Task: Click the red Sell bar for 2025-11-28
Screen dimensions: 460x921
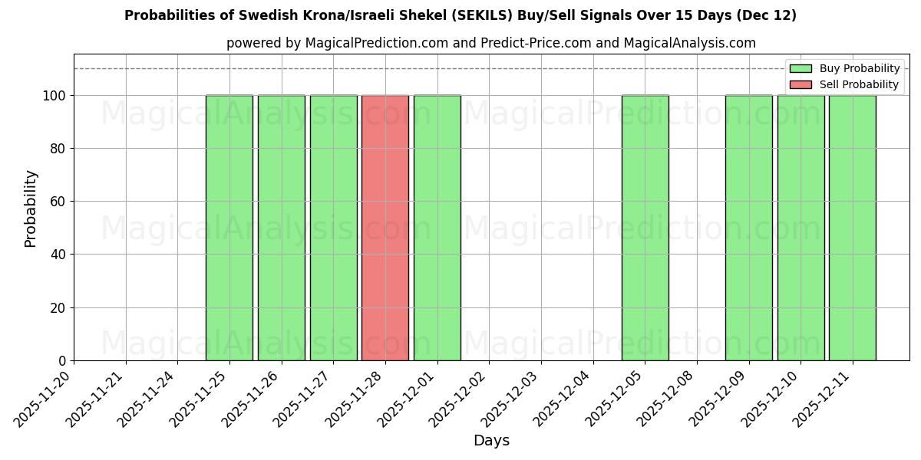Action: click(x=385, y=228)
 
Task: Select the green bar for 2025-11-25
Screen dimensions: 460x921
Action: click(x=229, y=228)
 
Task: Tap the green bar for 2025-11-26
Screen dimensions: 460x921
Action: click(x=281, y=228)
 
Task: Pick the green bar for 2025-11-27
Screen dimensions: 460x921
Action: click(x=333, y=228)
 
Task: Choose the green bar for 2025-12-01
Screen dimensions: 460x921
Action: click(x=437, y=228)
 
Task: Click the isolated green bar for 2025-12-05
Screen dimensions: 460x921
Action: click(x=645, y=228)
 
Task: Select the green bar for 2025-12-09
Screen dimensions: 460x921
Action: click(x=748, y=228)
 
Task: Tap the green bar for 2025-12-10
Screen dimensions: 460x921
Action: click(x=801, y=228)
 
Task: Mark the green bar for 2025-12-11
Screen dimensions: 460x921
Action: click(x=852, y=228)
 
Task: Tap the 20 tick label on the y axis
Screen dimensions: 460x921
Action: click(x=59, y=308)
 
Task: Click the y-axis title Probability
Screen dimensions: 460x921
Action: click(x=31, y=208)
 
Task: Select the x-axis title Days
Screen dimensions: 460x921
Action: click(x=491, y=441)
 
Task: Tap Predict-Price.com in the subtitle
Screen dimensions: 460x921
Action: click(x=536, y=43)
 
